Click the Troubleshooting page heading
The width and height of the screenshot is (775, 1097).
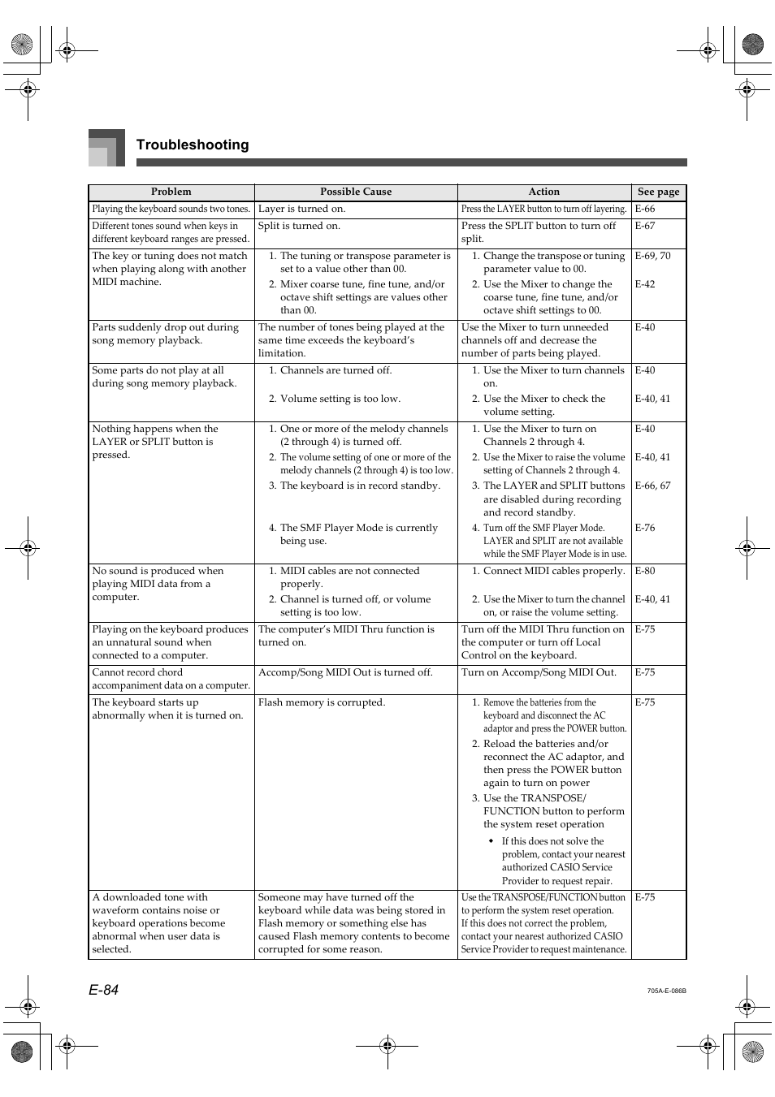coord(193,145)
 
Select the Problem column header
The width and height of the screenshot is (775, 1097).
coord(171,192)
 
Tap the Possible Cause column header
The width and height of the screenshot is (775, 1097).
coord(355,192)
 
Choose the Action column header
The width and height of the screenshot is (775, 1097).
coord(543,192)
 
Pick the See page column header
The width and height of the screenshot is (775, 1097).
coord(658,192)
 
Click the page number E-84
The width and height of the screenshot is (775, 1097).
coord(104,989)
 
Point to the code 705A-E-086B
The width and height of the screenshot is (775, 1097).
coord(666,991)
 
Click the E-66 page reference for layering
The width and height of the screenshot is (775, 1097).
coord(645,209)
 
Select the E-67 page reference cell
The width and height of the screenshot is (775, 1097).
coord(645,226)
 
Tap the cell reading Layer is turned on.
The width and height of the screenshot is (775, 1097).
coord(301,209)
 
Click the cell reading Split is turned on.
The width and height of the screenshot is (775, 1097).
coord(299,226)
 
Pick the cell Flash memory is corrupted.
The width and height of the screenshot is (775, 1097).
coord(322,702)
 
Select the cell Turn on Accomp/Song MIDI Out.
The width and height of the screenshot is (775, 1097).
coord(539,672)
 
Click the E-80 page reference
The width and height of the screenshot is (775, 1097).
coord(645,571)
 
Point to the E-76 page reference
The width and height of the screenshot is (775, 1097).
coord(645,528)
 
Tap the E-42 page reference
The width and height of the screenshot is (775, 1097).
coord(645,284)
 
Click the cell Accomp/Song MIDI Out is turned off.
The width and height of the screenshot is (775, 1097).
coord(345,672)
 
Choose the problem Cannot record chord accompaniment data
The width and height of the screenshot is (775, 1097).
coord(171,679)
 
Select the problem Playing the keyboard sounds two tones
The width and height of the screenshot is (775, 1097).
coord(171,209)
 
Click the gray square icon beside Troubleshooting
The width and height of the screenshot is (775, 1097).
coord(106,148)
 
